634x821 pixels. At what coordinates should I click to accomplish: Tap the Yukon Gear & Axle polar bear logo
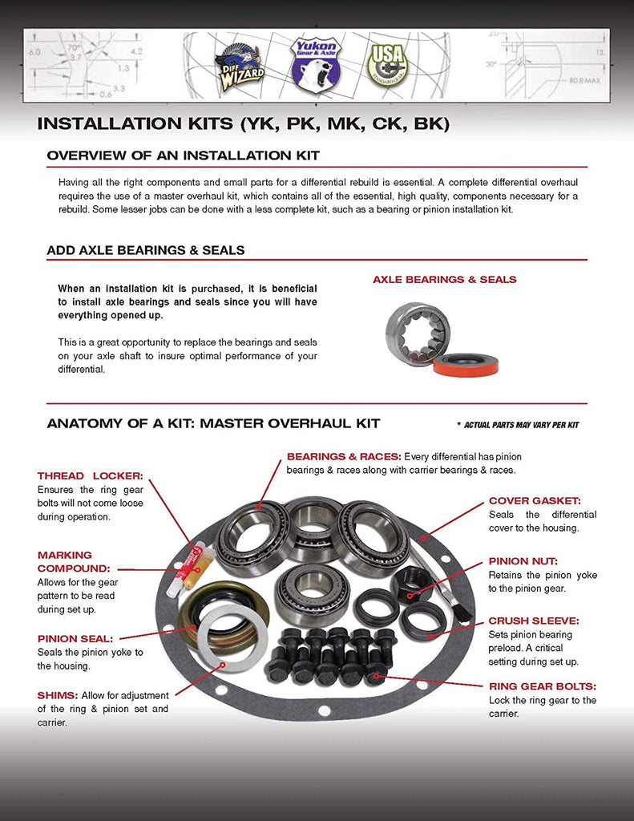point(315,64)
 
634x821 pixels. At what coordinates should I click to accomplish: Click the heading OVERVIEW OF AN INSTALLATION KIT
point(183,155)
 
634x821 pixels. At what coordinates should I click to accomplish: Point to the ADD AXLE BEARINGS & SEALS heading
point(146,250)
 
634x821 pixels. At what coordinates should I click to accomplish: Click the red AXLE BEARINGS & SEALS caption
point(444,280)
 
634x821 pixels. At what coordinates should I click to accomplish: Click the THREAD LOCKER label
point(90,476)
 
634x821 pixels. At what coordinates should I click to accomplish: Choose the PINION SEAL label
point(75,639)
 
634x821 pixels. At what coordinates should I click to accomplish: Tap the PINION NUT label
point(523,561)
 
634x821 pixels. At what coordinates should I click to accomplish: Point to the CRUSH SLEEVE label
point(533,621)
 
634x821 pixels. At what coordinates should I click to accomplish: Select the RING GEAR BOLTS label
point(543,686)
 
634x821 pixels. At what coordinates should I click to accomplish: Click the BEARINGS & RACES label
point(344,456)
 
